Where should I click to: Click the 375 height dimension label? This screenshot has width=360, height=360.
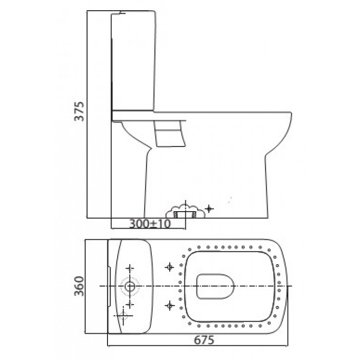pos(80,112)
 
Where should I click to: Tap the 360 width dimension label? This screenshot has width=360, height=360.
pos(80,287)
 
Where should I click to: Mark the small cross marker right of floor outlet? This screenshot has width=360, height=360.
pos(209,209)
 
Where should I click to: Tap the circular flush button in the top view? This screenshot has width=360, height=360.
pos(130,286)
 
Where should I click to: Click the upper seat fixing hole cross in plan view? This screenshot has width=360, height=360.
pos(169,267)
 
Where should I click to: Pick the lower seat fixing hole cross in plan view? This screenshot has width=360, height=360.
pos(169,305)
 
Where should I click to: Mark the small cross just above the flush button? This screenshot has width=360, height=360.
pos(130,268)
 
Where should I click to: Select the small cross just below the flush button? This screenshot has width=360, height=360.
pos(130,304)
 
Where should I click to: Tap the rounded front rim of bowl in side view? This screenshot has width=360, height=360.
pos(289,122)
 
